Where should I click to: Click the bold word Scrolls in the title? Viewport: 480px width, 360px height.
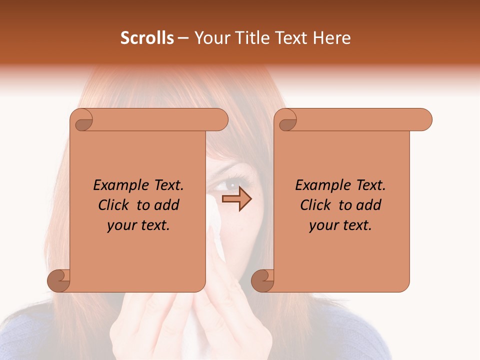pyautogui.click(x=147, y=38)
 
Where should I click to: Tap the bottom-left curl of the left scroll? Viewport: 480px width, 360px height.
pyautogui.click(x=58, y=280)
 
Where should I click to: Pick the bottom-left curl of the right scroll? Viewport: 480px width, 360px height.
pyautogui.click(x=262, y=280)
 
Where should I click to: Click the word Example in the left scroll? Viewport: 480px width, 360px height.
pyautogui.click(x=116, y=185)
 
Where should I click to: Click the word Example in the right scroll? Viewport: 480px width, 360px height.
pyautogui.click(x=318, y=185)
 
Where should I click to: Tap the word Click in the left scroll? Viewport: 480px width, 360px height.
pyautogui.click(x=115, y=205)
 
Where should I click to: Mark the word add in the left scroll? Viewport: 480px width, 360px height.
pyautogui.click(x=167, y=205)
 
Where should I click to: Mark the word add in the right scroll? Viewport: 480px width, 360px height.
pyautogui.click(x=369, y=205)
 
